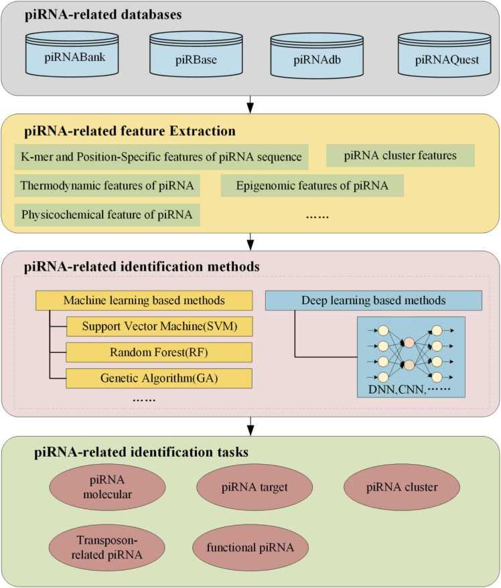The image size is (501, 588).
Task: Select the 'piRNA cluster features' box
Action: tap(400, 156)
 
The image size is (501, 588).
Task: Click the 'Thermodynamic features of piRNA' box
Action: tap(107, 186)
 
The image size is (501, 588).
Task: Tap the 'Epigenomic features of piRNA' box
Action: tap(311, 186)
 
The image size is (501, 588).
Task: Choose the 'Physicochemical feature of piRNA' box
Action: tap(107, 215)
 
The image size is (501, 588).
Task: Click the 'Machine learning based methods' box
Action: tap(145, 300)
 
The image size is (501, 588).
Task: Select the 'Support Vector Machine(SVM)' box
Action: tap(159, 326)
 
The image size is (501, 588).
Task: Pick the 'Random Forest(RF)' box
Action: tap(159, 352)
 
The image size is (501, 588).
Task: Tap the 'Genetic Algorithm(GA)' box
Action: tap(159, 378)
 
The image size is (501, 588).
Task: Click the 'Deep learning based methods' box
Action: tap(372, 300)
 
